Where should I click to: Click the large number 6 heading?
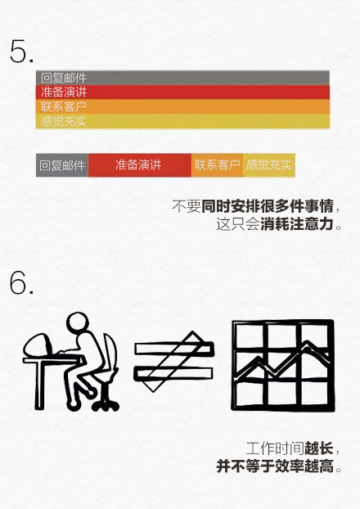pyautogui.click(x=21, y=283)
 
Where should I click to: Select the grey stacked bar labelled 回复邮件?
pyautogui.click(x=182, y=78)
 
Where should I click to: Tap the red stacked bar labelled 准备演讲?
pyautogui.click(x=182, y=92)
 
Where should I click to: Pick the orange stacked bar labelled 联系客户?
pyautogui.click(x=182, y=106)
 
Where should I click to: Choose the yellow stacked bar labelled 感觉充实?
pyautogui.click(x=182, y=121)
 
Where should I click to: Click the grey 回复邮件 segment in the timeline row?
pyautogui.click(x=62, y=165)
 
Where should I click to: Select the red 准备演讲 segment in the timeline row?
pyautogui.click(x=140, y=165)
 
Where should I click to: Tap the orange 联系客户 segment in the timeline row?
pyautogui.click(x=217, y=165)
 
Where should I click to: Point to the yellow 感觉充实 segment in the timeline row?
pyautogui.click(x=269, y=165)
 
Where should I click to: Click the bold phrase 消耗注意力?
pyautogui.click(x=297, y=224)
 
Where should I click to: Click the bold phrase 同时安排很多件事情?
pyautogui.click(x=268, y=206)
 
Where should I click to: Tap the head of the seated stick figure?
pyautogui.click(x=77, y=322)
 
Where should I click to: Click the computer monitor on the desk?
pyautogui.click(x=37, y=346)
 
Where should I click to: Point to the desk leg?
pyautogui.click(x=39, y=385)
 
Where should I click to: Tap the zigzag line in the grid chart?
pyautogui.click(x=282, y=361)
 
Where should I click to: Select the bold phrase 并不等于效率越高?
pyautogui.click(x=275, y=466)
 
